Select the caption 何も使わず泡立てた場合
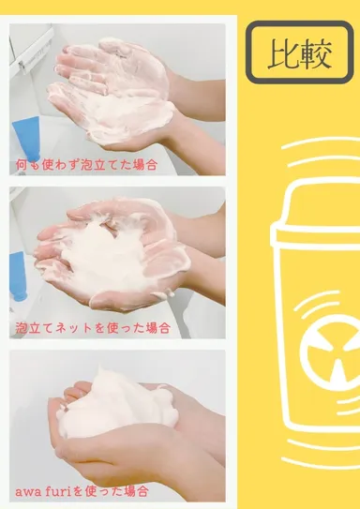coord(85,163)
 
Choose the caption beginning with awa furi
coord(83,491)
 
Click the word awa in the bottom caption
coord(29,491)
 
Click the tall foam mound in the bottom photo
coord(117,408)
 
